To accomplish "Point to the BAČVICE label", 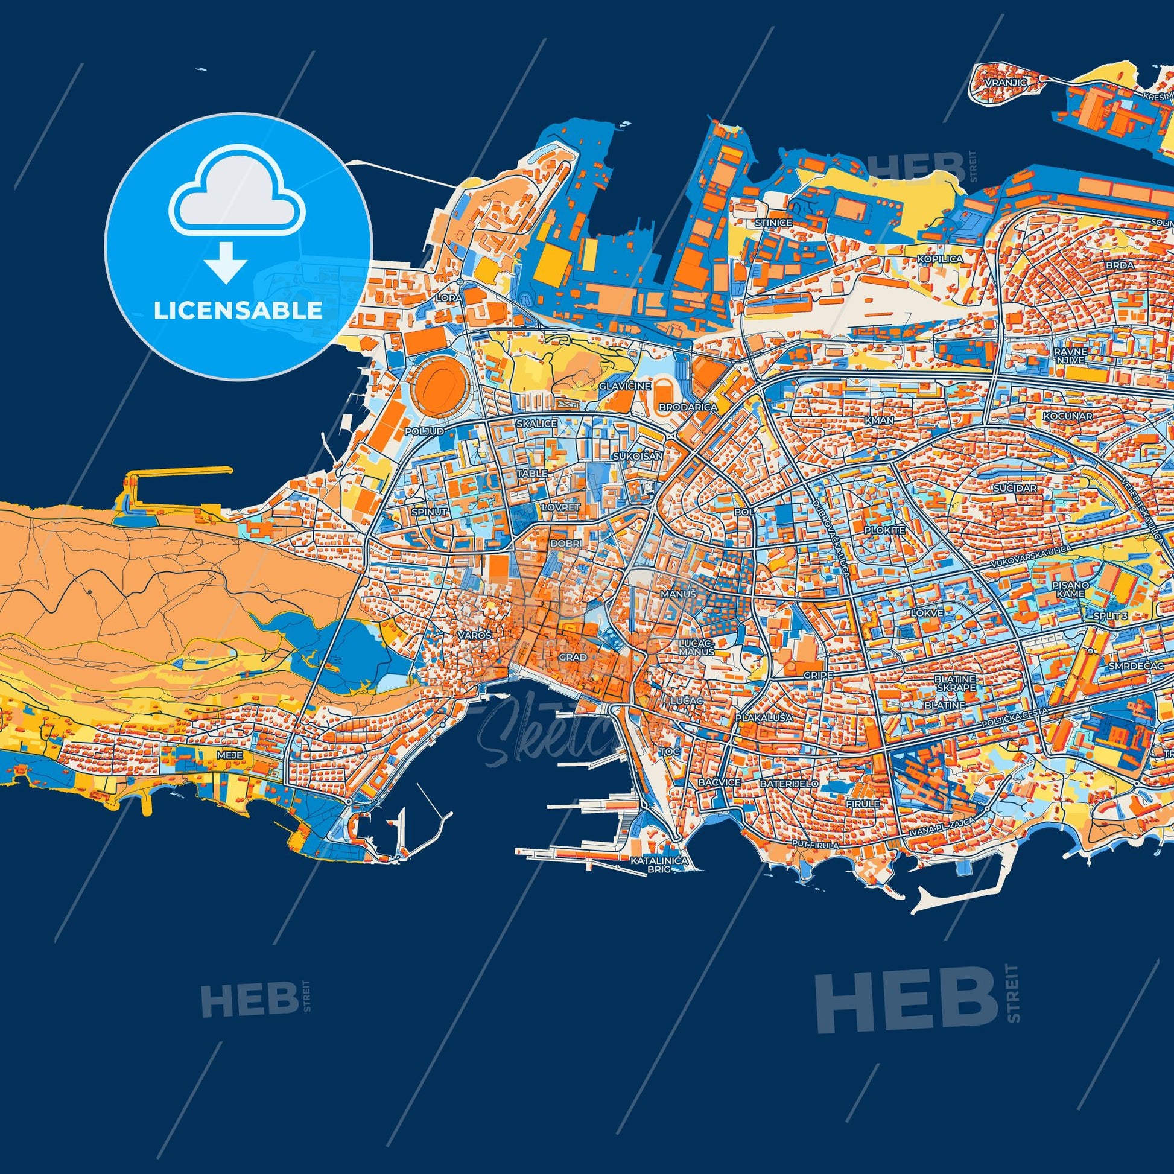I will (720, 782).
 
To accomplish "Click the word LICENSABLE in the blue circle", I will (238, 311).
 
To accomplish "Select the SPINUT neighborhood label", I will (429, 512).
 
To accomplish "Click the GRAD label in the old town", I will (573, 658).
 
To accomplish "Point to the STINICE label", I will (773, 223).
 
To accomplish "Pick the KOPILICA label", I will (941, 259).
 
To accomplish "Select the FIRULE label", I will (862, 804).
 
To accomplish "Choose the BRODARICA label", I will (687, 407).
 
